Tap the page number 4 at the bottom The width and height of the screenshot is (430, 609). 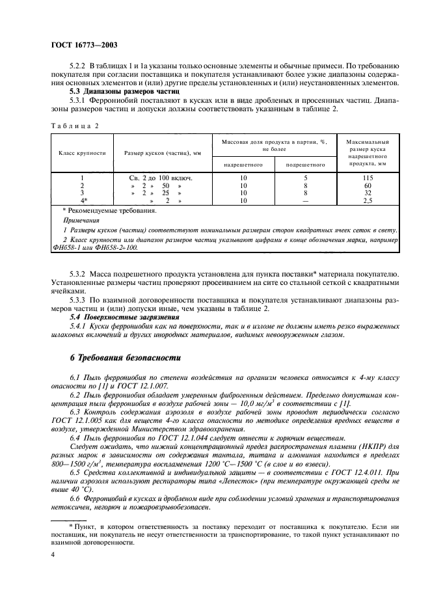[53, 555]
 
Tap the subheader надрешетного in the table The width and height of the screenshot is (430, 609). [243, 165]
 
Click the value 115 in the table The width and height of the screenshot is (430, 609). [368, 178]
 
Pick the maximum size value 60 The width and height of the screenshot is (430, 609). [368, 185]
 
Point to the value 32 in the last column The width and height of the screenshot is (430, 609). [368, 193]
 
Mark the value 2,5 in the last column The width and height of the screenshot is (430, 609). [368, 201]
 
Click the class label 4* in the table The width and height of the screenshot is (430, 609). [83, 201]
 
